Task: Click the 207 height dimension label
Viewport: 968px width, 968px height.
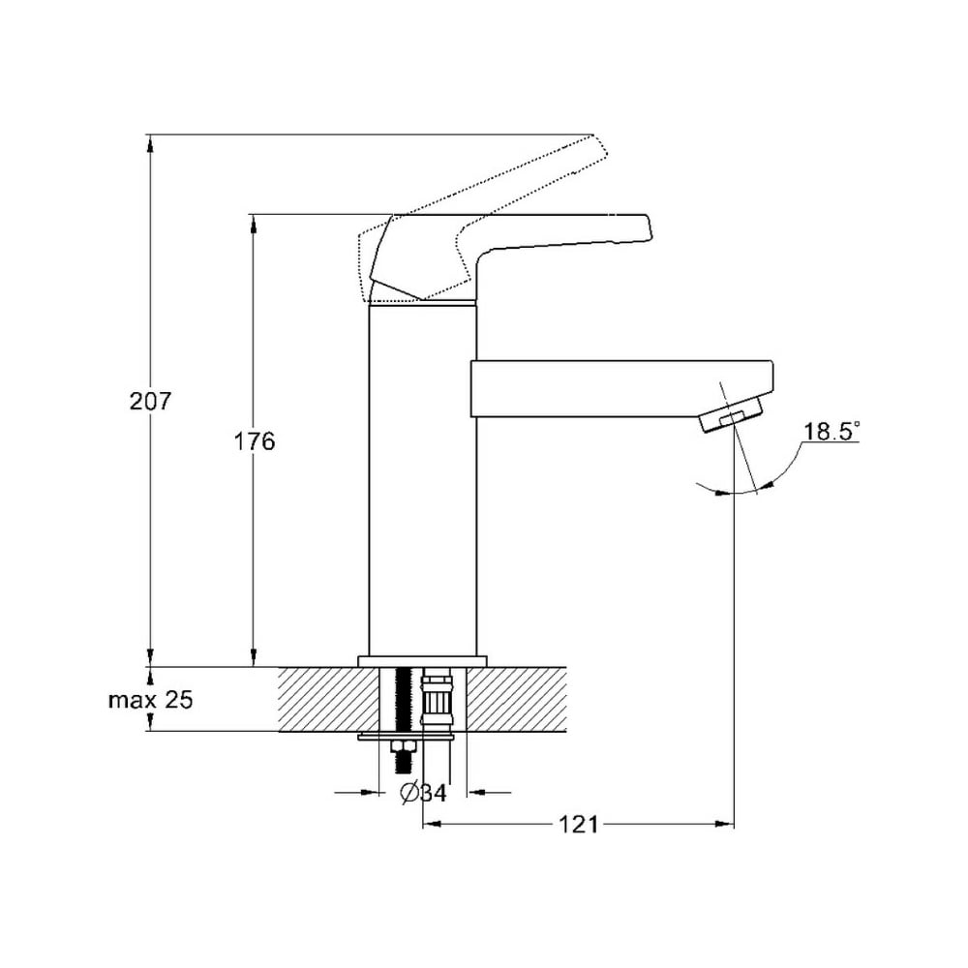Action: (x=149, y=402)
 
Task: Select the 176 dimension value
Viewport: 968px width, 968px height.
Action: (x=254, y=441)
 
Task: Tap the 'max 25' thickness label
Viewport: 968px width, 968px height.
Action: (x=151, y=700)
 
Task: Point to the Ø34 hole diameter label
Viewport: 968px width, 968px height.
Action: (x=423, y=792)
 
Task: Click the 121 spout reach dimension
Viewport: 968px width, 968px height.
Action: (x=579, y=824)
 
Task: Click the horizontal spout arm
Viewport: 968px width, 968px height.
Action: (x=621, y=388)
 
